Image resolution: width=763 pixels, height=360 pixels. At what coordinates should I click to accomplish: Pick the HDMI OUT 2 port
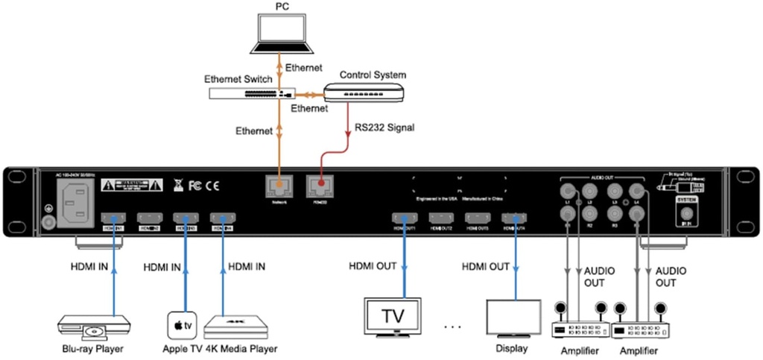coord(440,218)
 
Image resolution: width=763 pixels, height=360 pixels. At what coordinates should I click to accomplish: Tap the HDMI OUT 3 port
coord(477,218)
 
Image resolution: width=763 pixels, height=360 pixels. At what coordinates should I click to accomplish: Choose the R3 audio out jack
coord(615,214)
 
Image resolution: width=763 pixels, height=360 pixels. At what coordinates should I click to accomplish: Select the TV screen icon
coord(393,316)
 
